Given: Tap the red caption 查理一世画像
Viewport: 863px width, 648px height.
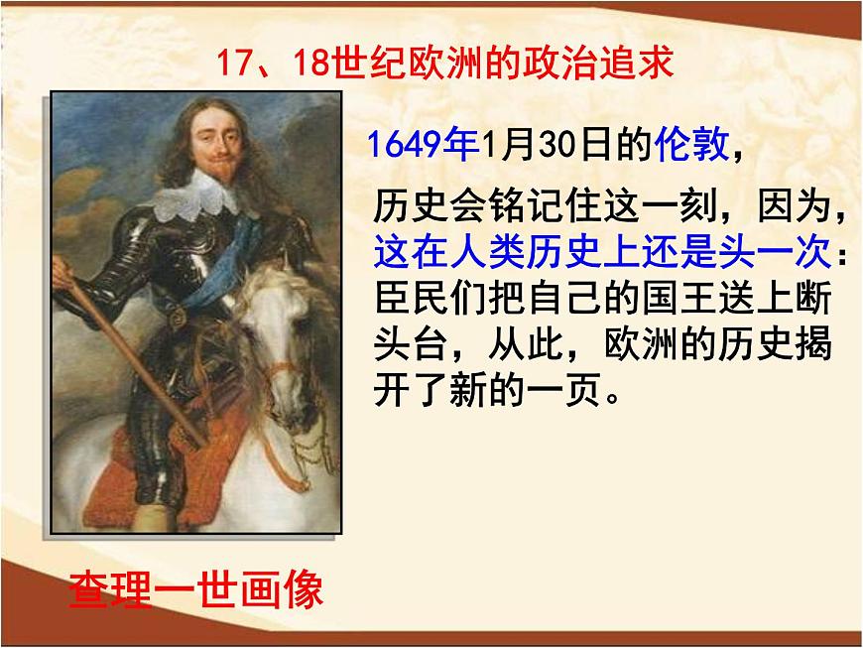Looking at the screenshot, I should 195,591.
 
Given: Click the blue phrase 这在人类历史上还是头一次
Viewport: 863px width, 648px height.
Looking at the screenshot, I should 600,254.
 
